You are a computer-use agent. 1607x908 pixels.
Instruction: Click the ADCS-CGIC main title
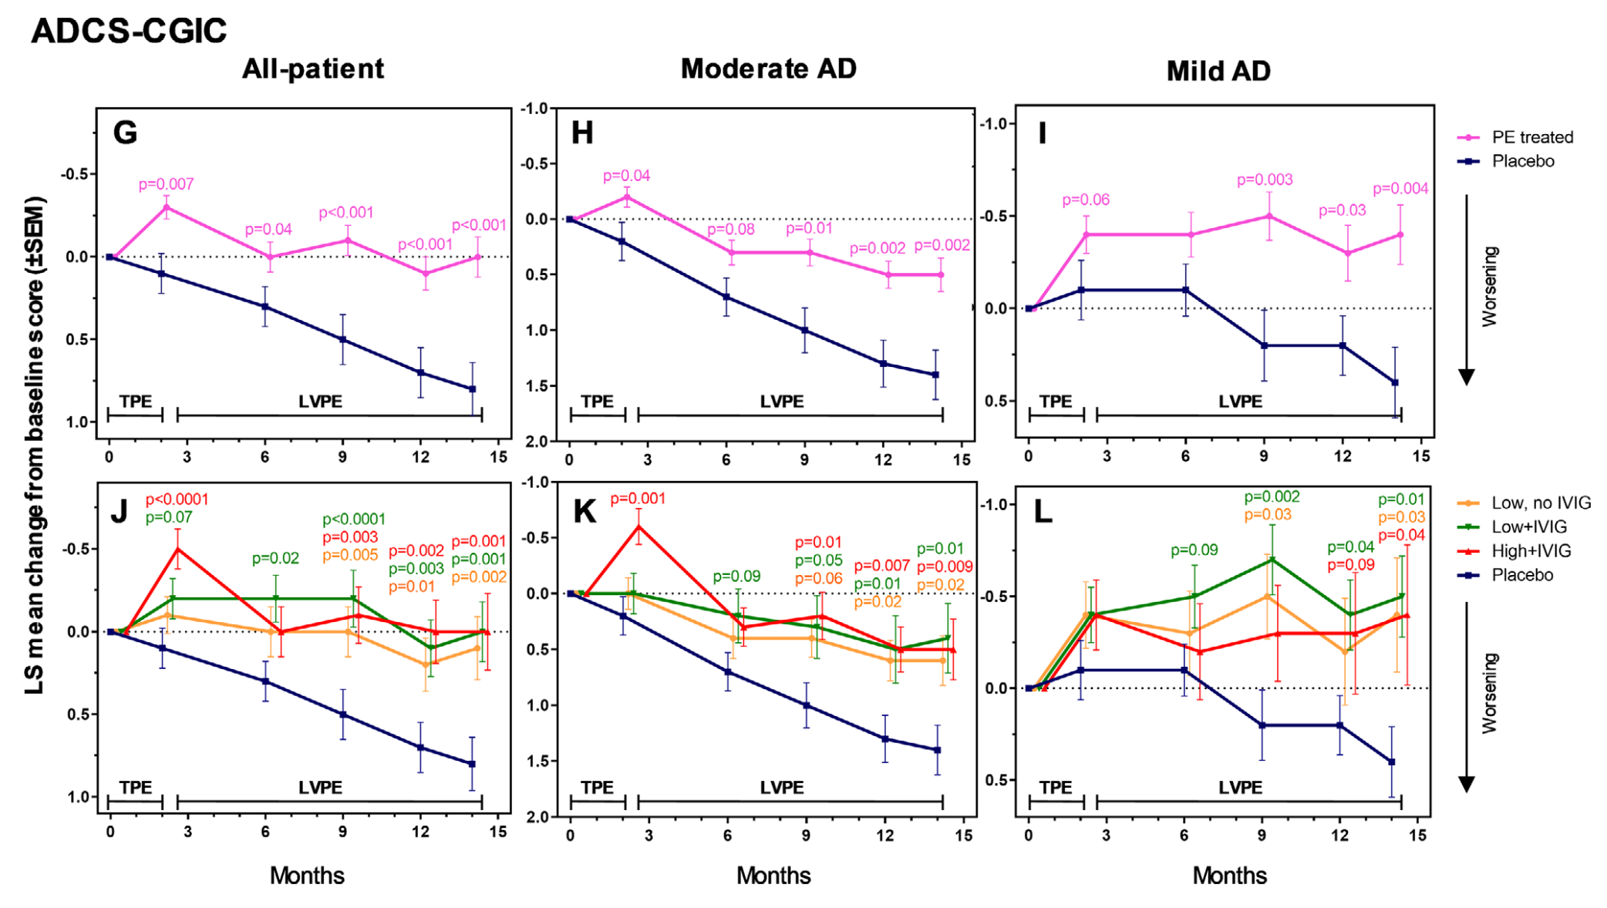(x=129, y=32)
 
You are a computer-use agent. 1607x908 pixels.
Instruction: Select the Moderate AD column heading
(x=768, y=69)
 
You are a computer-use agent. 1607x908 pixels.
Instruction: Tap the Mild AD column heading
(x=1218, y=72)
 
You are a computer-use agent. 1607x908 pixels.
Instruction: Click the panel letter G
(x=125, y=133)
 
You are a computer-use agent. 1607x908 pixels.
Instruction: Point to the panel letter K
(x=584, y=512)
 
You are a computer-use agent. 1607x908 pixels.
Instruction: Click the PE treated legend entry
(x=1531, y=137)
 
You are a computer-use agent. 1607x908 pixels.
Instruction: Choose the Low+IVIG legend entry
(x=1528, y=527)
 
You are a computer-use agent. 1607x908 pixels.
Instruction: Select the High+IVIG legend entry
(x=1531, y=551)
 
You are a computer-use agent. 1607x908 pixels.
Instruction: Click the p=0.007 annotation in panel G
(x=166, y=184)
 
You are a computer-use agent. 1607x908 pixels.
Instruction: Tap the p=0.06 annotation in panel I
(x=1086, y=200)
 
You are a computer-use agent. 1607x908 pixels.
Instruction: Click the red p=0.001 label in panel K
(x=637, y=499)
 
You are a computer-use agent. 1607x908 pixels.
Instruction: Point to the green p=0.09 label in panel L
(x=1194, y=550)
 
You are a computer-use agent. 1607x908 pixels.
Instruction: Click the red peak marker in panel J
(x=178, y=550)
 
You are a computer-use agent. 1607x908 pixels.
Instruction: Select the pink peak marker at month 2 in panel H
(x=627, y=197)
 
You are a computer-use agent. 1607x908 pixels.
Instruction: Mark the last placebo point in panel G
(x=473, y=389)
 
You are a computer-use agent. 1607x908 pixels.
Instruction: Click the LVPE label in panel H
(x=781, y=402)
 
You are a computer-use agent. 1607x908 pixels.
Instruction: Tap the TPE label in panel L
(x=1055, y=788)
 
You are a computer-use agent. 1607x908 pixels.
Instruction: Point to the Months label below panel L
(x=1229, y=876)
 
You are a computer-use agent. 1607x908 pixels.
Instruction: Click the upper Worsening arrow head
(x=1467, y=378)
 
